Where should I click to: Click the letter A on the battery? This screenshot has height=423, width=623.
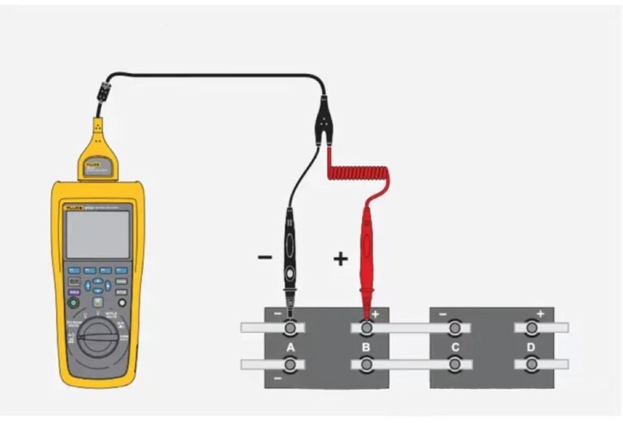290,347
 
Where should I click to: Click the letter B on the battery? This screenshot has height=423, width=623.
367,347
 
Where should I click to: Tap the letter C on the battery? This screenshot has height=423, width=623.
455,347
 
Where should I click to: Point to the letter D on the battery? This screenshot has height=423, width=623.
531,347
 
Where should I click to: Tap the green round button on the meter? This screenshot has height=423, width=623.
73,303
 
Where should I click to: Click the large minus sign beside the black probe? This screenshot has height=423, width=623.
264,258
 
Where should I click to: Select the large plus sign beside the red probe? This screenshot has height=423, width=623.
341,259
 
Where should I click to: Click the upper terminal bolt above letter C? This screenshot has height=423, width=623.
455,328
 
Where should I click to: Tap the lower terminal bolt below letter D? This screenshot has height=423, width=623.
531,365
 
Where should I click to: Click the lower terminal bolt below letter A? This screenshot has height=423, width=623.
290,365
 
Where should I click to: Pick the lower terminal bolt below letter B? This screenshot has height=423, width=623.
367,365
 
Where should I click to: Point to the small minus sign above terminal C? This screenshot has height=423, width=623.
442,313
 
